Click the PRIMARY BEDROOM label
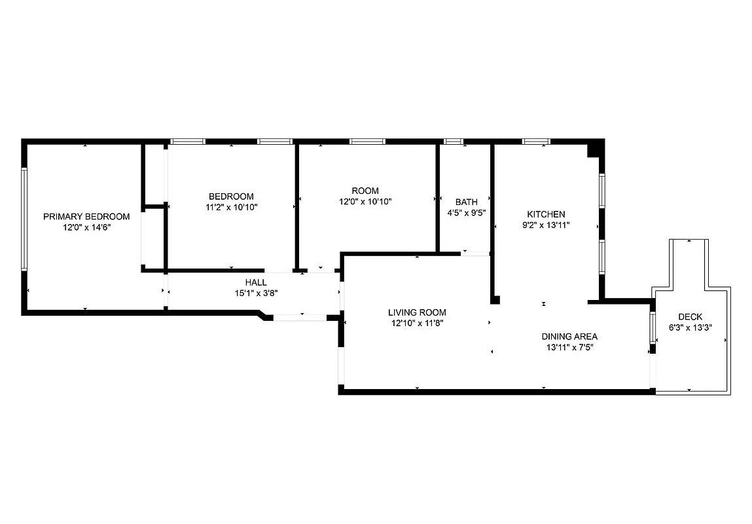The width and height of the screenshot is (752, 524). click(x=86, y=216)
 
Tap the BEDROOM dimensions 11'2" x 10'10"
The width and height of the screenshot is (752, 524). click(x=231, y=207)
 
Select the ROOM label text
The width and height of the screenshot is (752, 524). click(x=365, y=191)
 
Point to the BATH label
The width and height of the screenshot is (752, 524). click(x=466, y=202)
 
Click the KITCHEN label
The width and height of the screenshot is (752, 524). click(x=546, y=214)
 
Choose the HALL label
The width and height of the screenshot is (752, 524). click(x=255, y=282)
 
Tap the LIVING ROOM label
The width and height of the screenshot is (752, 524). click(x=417, y=312)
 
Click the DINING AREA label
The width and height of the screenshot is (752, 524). click(x=569, y=337)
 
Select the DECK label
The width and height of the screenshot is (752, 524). click(x=690, y=316)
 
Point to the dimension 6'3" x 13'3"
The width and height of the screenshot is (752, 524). click(x=690, y=327)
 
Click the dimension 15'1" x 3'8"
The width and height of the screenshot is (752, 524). click(x=255, y=293)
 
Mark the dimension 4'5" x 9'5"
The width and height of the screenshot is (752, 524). click(x=466, y=212)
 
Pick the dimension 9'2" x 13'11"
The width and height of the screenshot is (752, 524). click(x=546, y=225)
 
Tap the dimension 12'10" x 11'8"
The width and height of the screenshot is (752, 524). click(x=417, y=322)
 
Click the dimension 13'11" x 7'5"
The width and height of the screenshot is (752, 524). click(x=569, y=347)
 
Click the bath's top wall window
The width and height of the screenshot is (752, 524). click(x=453, y=141)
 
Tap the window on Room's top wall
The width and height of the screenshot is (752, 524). click(x=367, y=141)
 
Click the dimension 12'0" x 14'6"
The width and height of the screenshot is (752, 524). click(x=86, y=227)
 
